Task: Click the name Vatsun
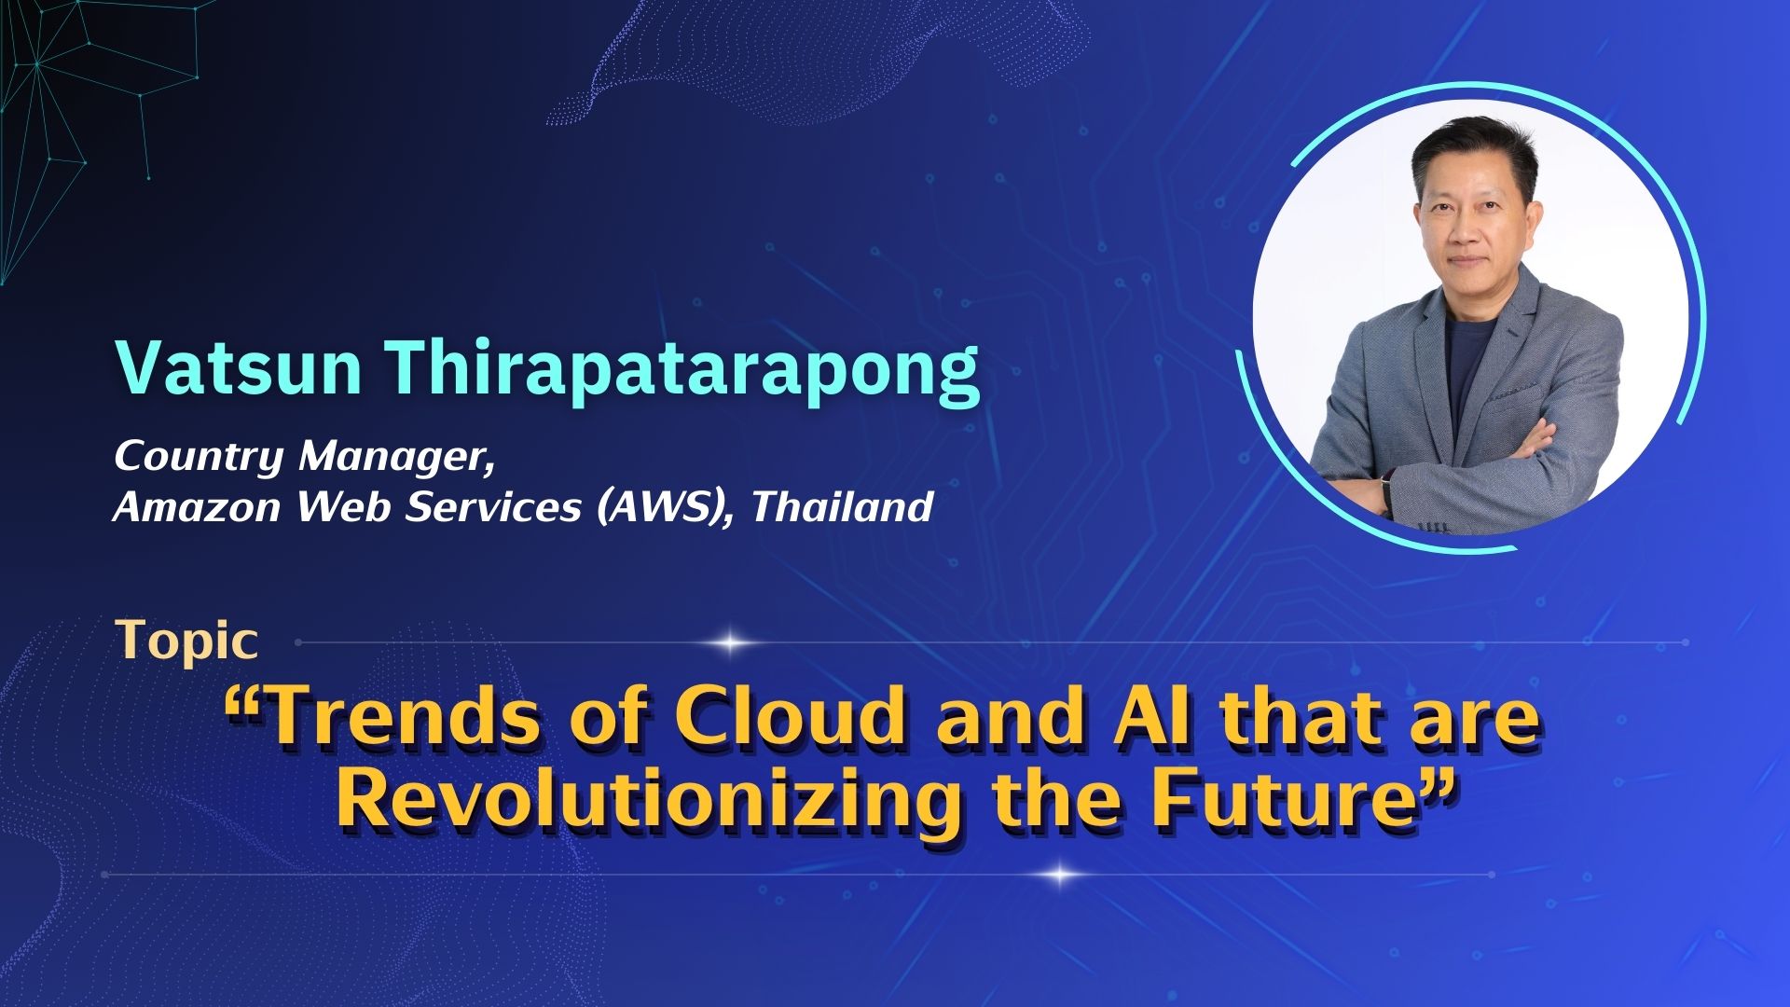[x=239, y=368]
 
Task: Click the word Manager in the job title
[x=396, y=458]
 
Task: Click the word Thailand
[x=842, y=506]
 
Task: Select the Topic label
[x=186, y=641]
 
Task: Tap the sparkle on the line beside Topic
[x=732, y=642]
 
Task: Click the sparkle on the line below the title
[x=1059, y=875]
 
